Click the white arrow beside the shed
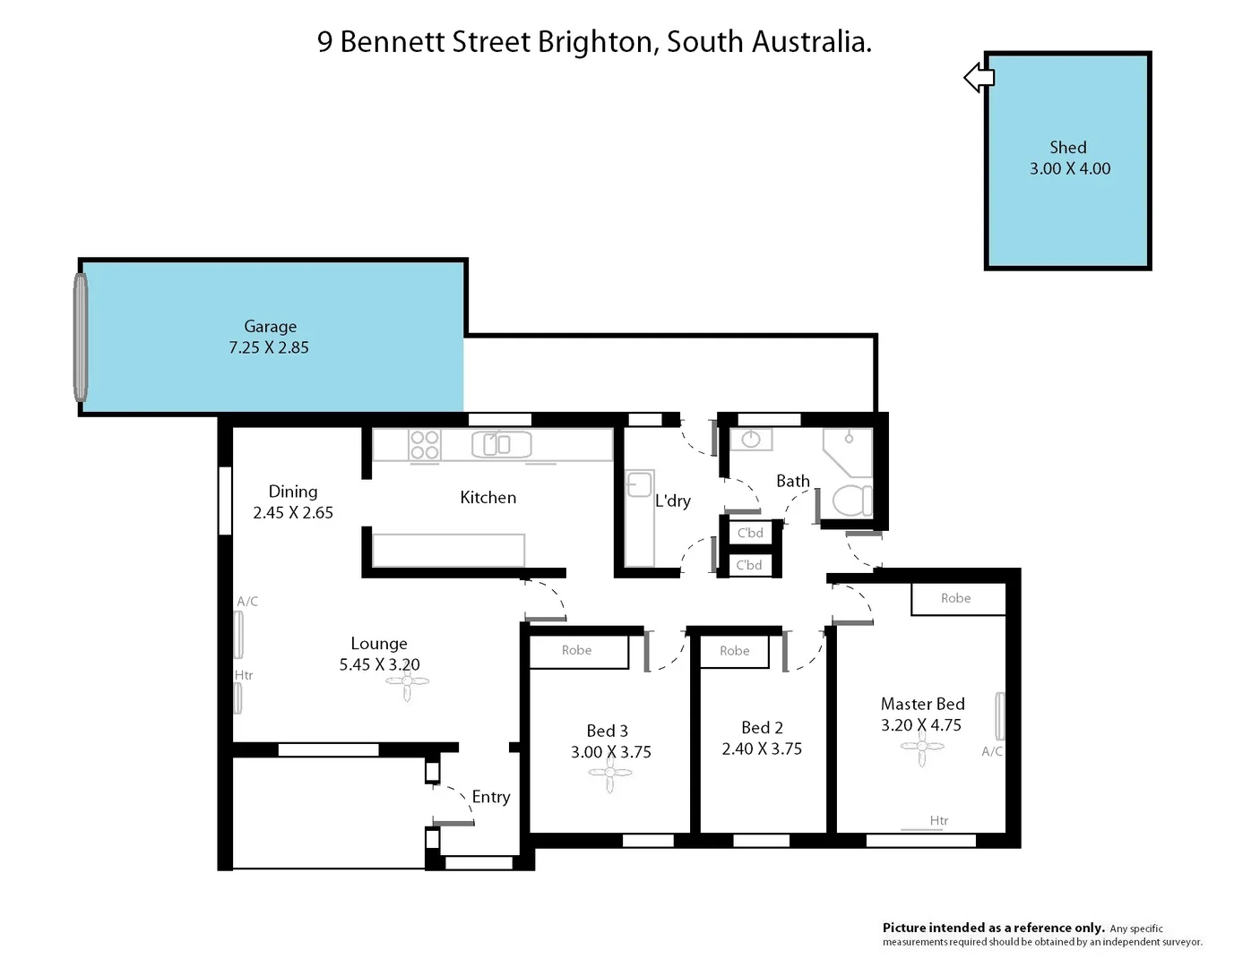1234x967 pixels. (979, 78)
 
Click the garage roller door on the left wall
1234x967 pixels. (81, 338)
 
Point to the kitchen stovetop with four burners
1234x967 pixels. (424, 445)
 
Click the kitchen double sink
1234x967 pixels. (502, 444)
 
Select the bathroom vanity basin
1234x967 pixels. (751, 440)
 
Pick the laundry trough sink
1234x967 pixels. (639, 484)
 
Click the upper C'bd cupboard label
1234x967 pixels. (750, 533)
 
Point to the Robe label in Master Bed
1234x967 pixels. (955, 598)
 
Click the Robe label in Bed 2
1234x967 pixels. (734, 651)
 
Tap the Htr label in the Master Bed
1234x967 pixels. (938, 820)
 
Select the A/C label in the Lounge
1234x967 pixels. (247, 602)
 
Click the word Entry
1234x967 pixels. (490, 797)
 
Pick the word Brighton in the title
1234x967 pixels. (594, 42)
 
